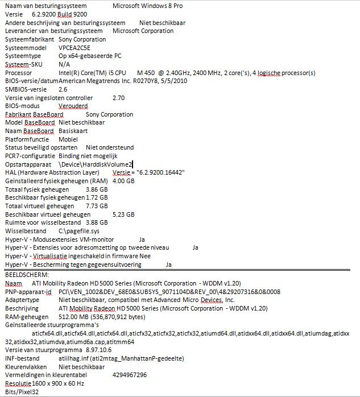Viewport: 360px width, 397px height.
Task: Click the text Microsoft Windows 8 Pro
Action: (147, 5)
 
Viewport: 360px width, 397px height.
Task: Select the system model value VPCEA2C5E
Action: (75, 48)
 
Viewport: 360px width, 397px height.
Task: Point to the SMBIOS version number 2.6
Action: (63, 89)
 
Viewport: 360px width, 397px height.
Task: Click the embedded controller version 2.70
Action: (118, 98)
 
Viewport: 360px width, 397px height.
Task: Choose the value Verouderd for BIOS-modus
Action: (73, 106)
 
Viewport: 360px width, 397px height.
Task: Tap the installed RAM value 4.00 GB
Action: (123, 181)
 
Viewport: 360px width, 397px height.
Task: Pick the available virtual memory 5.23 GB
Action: (123, 214)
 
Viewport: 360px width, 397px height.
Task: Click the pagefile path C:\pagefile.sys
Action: (78, 231)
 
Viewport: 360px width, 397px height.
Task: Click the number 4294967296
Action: (130, 375)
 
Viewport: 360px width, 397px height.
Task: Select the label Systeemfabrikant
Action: (30, 39)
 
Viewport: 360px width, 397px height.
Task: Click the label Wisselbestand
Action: (26, 231)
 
